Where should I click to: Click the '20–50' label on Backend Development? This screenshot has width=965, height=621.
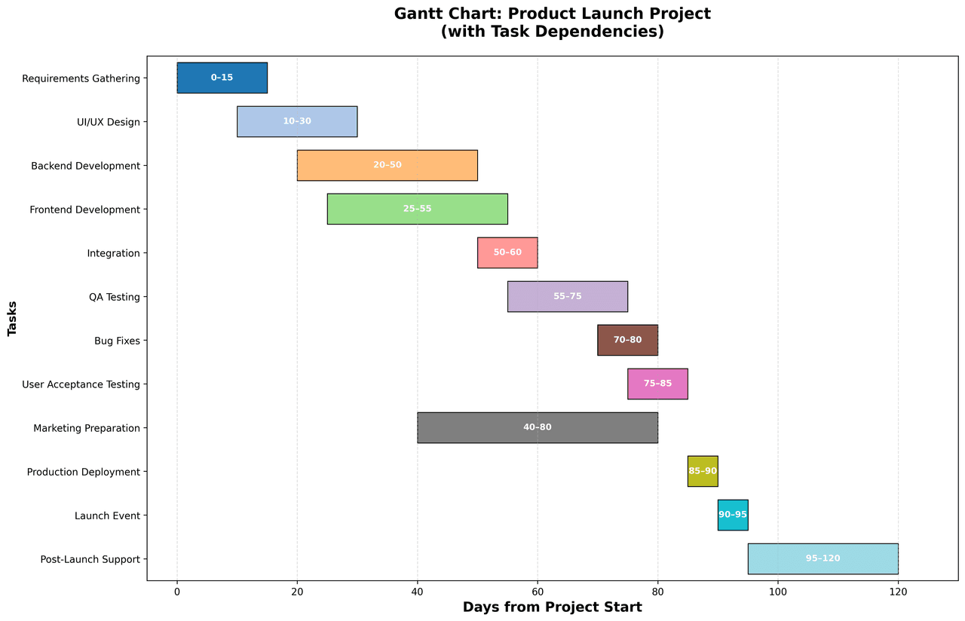coord(388,165)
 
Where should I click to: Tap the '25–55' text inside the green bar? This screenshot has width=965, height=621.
coord(418,209)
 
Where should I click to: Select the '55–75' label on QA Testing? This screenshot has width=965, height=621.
coord(568,296)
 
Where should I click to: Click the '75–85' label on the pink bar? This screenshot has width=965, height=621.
coord(657,384)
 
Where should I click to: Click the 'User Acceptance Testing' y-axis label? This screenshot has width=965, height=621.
coord(81,384)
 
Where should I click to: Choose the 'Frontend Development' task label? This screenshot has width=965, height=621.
coord(85,210)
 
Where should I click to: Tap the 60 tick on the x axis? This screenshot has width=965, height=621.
coord(538,592)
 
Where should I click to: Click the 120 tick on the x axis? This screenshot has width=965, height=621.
coord(898,592)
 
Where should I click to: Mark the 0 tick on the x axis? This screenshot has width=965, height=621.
coord(177,592)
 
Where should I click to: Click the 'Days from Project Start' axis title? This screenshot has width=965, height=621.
coord(552,607)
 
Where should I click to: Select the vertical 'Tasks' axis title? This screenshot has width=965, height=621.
coord(13,318)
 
